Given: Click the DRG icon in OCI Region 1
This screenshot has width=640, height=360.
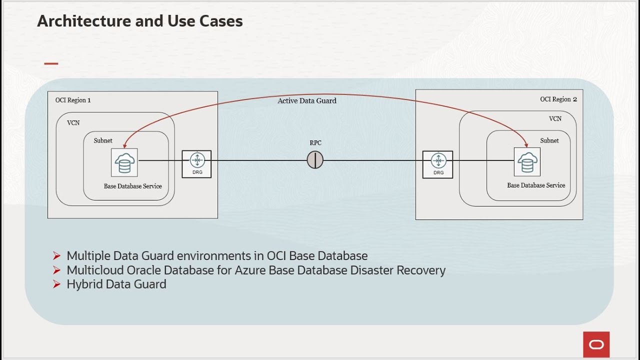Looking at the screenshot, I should pos(196,163).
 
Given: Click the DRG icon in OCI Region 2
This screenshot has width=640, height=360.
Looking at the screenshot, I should pos(438,164).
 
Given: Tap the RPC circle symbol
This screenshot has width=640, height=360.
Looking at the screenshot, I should pos(315,160).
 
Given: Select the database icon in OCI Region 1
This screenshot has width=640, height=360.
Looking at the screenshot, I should pos(124,162).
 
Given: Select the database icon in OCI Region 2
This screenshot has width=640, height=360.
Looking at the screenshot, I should pos(527,162).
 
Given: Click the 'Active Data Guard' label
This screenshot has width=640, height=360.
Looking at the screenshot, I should pos(307,101).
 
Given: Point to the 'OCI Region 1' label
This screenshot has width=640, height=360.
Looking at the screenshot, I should pos(73,100).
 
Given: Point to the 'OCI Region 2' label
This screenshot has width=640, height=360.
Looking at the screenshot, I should pos(558,99).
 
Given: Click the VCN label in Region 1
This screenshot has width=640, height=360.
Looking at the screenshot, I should pos(73,122).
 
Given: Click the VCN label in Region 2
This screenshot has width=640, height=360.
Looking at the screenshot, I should pos(555,119).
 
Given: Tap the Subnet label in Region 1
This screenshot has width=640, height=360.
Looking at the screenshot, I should pos(103,140).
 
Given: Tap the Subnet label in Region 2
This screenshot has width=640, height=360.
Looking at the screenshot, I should pos(549,140).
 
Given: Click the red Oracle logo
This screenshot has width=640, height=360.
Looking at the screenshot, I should pos(596,344).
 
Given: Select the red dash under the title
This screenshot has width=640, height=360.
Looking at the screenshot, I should pos(51,63).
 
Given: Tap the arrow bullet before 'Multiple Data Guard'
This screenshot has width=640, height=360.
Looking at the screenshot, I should pos(56,256).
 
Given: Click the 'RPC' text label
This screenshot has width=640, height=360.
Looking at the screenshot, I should pos(315,143).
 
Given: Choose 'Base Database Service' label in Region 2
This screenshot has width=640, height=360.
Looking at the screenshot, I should pos(536,185).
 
